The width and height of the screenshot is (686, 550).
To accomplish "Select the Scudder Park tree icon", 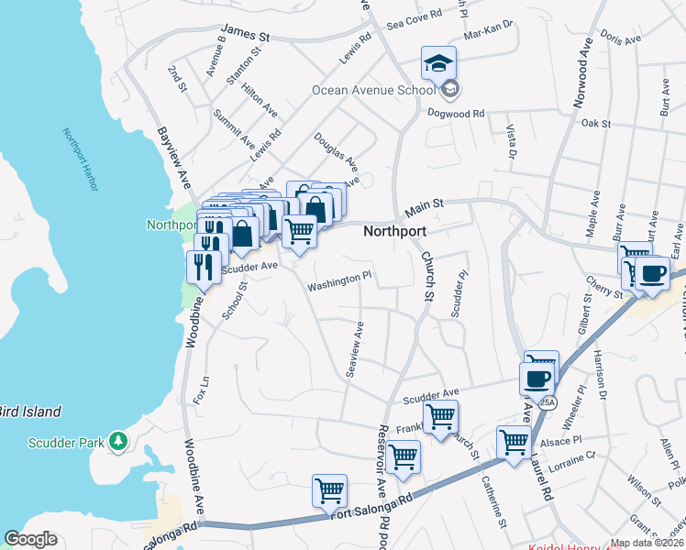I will (116, 443).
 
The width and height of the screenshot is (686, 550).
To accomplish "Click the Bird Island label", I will (30, 412).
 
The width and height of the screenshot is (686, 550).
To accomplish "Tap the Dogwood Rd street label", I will (456, 114).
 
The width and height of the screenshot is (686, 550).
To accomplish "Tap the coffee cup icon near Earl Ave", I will (652, 274).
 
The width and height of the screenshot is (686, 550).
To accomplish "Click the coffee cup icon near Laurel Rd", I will (537, 377).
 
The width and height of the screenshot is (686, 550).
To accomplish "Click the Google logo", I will (30, 539).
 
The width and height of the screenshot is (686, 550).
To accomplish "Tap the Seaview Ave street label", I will (353, 349).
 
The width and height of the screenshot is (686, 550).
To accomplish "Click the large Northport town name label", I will (394, 232).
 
